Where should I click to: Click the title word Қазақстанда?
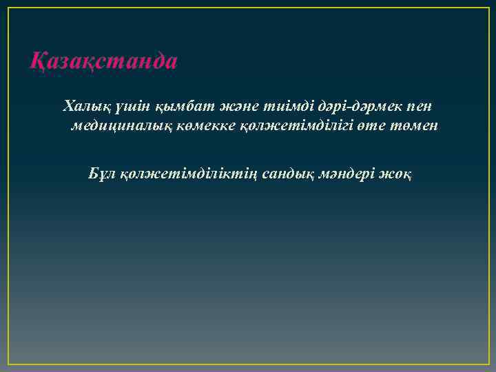tap(104, 61)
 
